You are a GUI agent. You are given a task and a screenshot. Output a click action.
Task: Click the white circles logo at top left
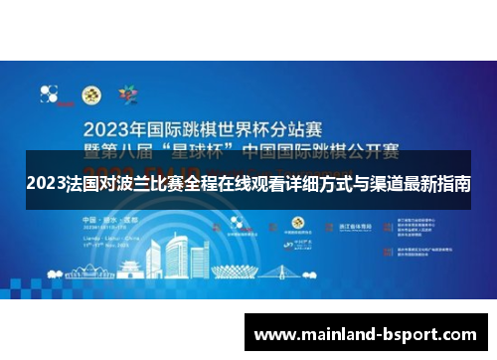point(49,94)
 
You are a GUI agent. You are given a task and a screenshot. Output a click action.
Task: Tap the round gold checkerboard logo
point(90,96)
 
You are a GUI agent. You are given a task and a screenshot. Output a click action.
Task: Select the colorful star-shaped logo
point(127,95)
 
